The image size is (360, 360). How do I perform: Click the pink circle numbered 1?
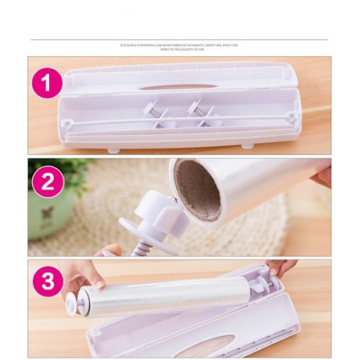pyautogui.click(x=47, y=84)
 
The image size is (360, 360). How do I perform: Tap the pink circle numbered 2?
pyautogui.click(x=47, y=182)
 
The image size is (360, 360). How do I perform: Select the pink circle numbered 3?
pyautogui.click(x=47, y=282)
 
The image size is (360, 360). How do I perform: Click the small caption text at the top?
pyautogui.click(x=179, y=47)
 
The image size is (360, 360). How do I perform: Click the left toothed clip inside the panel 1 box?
pyautogui.click(x=153, y=112)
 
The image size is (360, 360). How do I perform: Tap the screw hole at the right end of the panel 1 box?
pyautogui.click(x=292, y=118)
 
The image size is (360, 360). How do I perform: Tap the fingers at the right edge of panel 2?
pyautogui.click(x=322, y=174)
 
